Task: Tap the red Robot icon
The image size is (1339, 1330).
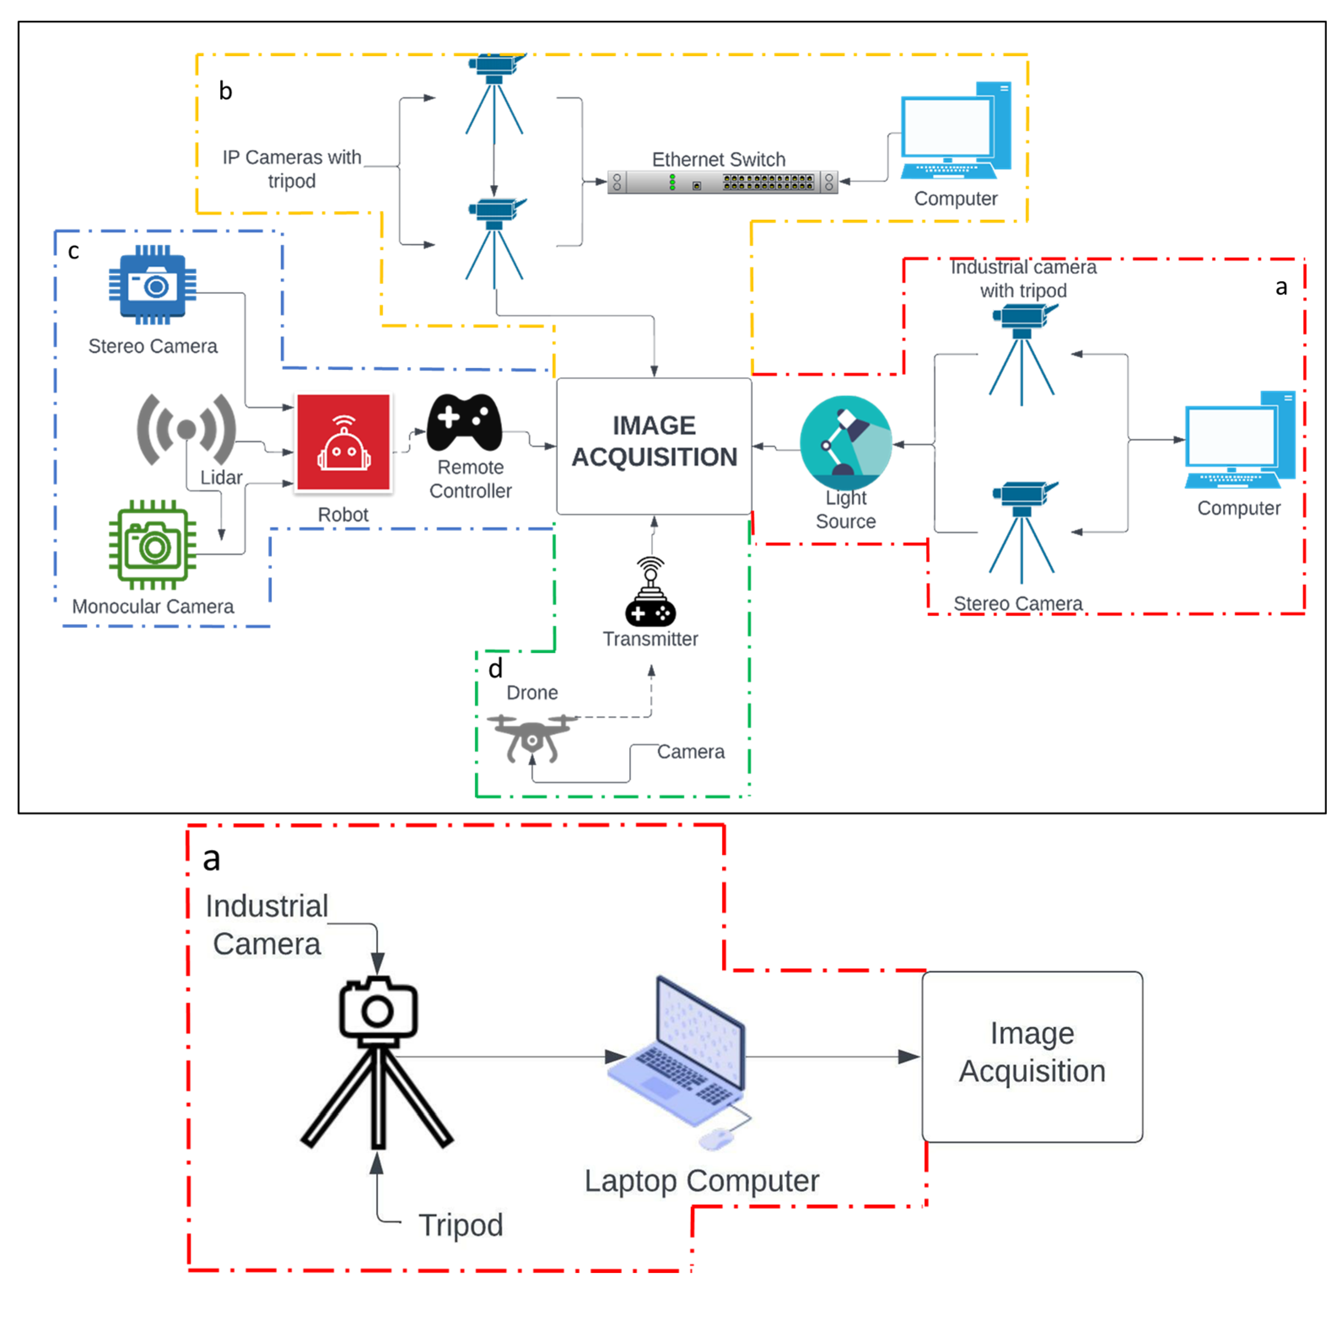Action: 343,442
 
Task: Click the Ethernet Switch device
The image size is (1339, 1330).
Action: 722,182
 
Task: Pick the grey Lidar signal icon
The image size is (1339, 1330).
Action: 186,429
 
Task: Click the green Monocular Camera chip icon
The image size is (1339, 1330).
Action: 153,545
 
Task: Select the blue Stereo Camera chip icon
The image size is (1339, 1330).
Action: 153,285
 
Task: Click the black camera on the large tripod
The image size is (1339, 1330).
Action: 378,1008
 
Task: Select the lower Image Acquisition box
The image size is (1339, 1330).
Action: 1031,1055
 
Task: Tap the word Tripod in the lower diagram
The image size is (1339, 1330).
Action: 460,1225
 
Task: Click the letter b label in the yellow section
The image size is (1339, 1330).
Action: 225,91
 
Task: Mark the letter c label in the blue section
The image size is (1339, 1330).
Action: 73,251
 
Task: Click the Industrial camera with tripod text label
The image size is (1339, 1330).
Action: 1023,279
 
